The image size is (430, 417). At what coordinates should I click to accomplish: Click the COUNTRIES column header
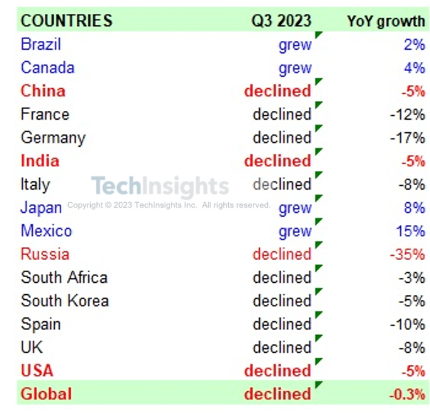coord(66,21)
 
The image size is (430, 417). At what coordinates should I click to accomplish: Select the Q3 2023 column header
coord(281,21)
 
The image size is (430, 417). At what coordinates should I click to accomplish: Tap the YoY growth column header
coord(386,21)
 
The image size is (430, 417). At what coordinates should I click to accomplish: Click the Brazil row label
coord(40,44)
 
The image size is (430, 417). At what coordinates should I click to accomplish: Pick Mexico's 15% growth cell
coord(410,231)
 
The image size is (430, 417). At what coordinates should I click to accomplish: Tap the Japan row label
coord(41,208)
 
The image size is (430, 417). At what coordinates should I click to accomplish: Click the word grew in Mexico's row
coord(294,231)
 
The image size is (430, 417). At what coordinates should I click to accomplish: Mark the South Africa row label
coord(64,277)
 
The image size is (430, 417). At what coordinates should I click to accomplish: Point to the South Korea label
coord(64,300)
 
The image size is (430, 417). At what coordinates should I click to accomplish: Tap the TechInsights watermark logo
coord(160,186)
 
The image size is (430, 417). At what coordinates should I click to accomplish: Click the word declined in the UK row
coord(282,347)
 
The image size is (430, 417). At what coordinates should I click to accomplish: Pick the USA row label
coord(37,370)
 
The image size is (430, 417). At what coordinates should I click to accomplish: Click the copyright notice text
coord(169,205)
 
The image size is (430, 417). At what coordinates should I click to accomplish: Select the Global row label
coord(46,394)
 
